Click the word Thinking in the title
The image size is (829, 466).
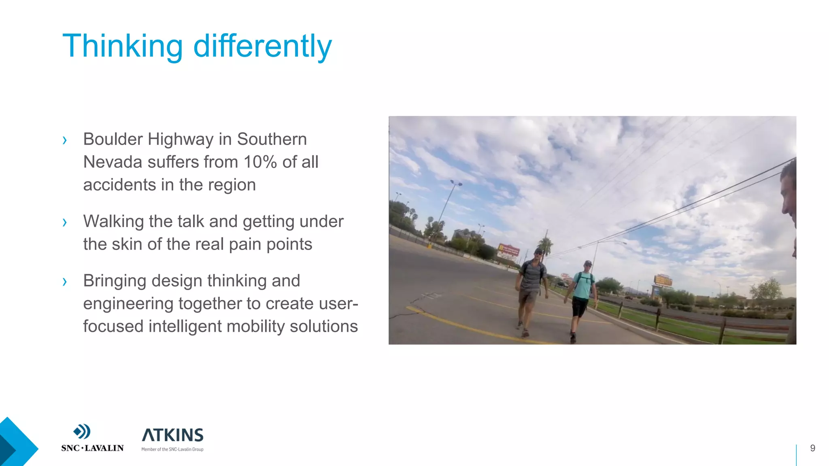123,47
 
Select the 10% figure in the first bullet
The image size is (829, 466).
260,162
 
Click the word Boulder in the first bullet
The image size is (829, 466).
113,139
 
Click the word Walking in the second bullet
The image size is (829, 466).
113,221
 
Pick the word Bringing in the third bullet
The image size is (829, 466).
115,281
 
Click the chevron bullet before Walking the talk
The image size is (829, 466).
65,222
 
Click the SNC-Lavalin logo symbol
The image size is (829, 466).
82,432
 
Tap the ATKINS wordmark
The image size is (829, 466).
172,435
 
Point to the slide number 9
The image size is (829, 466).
812,448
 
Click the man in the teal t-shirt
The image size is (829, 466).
582,297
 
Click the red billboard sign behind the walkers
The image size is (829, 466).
508,251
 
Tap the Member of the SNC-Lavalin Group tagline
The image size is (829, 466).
172,449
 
